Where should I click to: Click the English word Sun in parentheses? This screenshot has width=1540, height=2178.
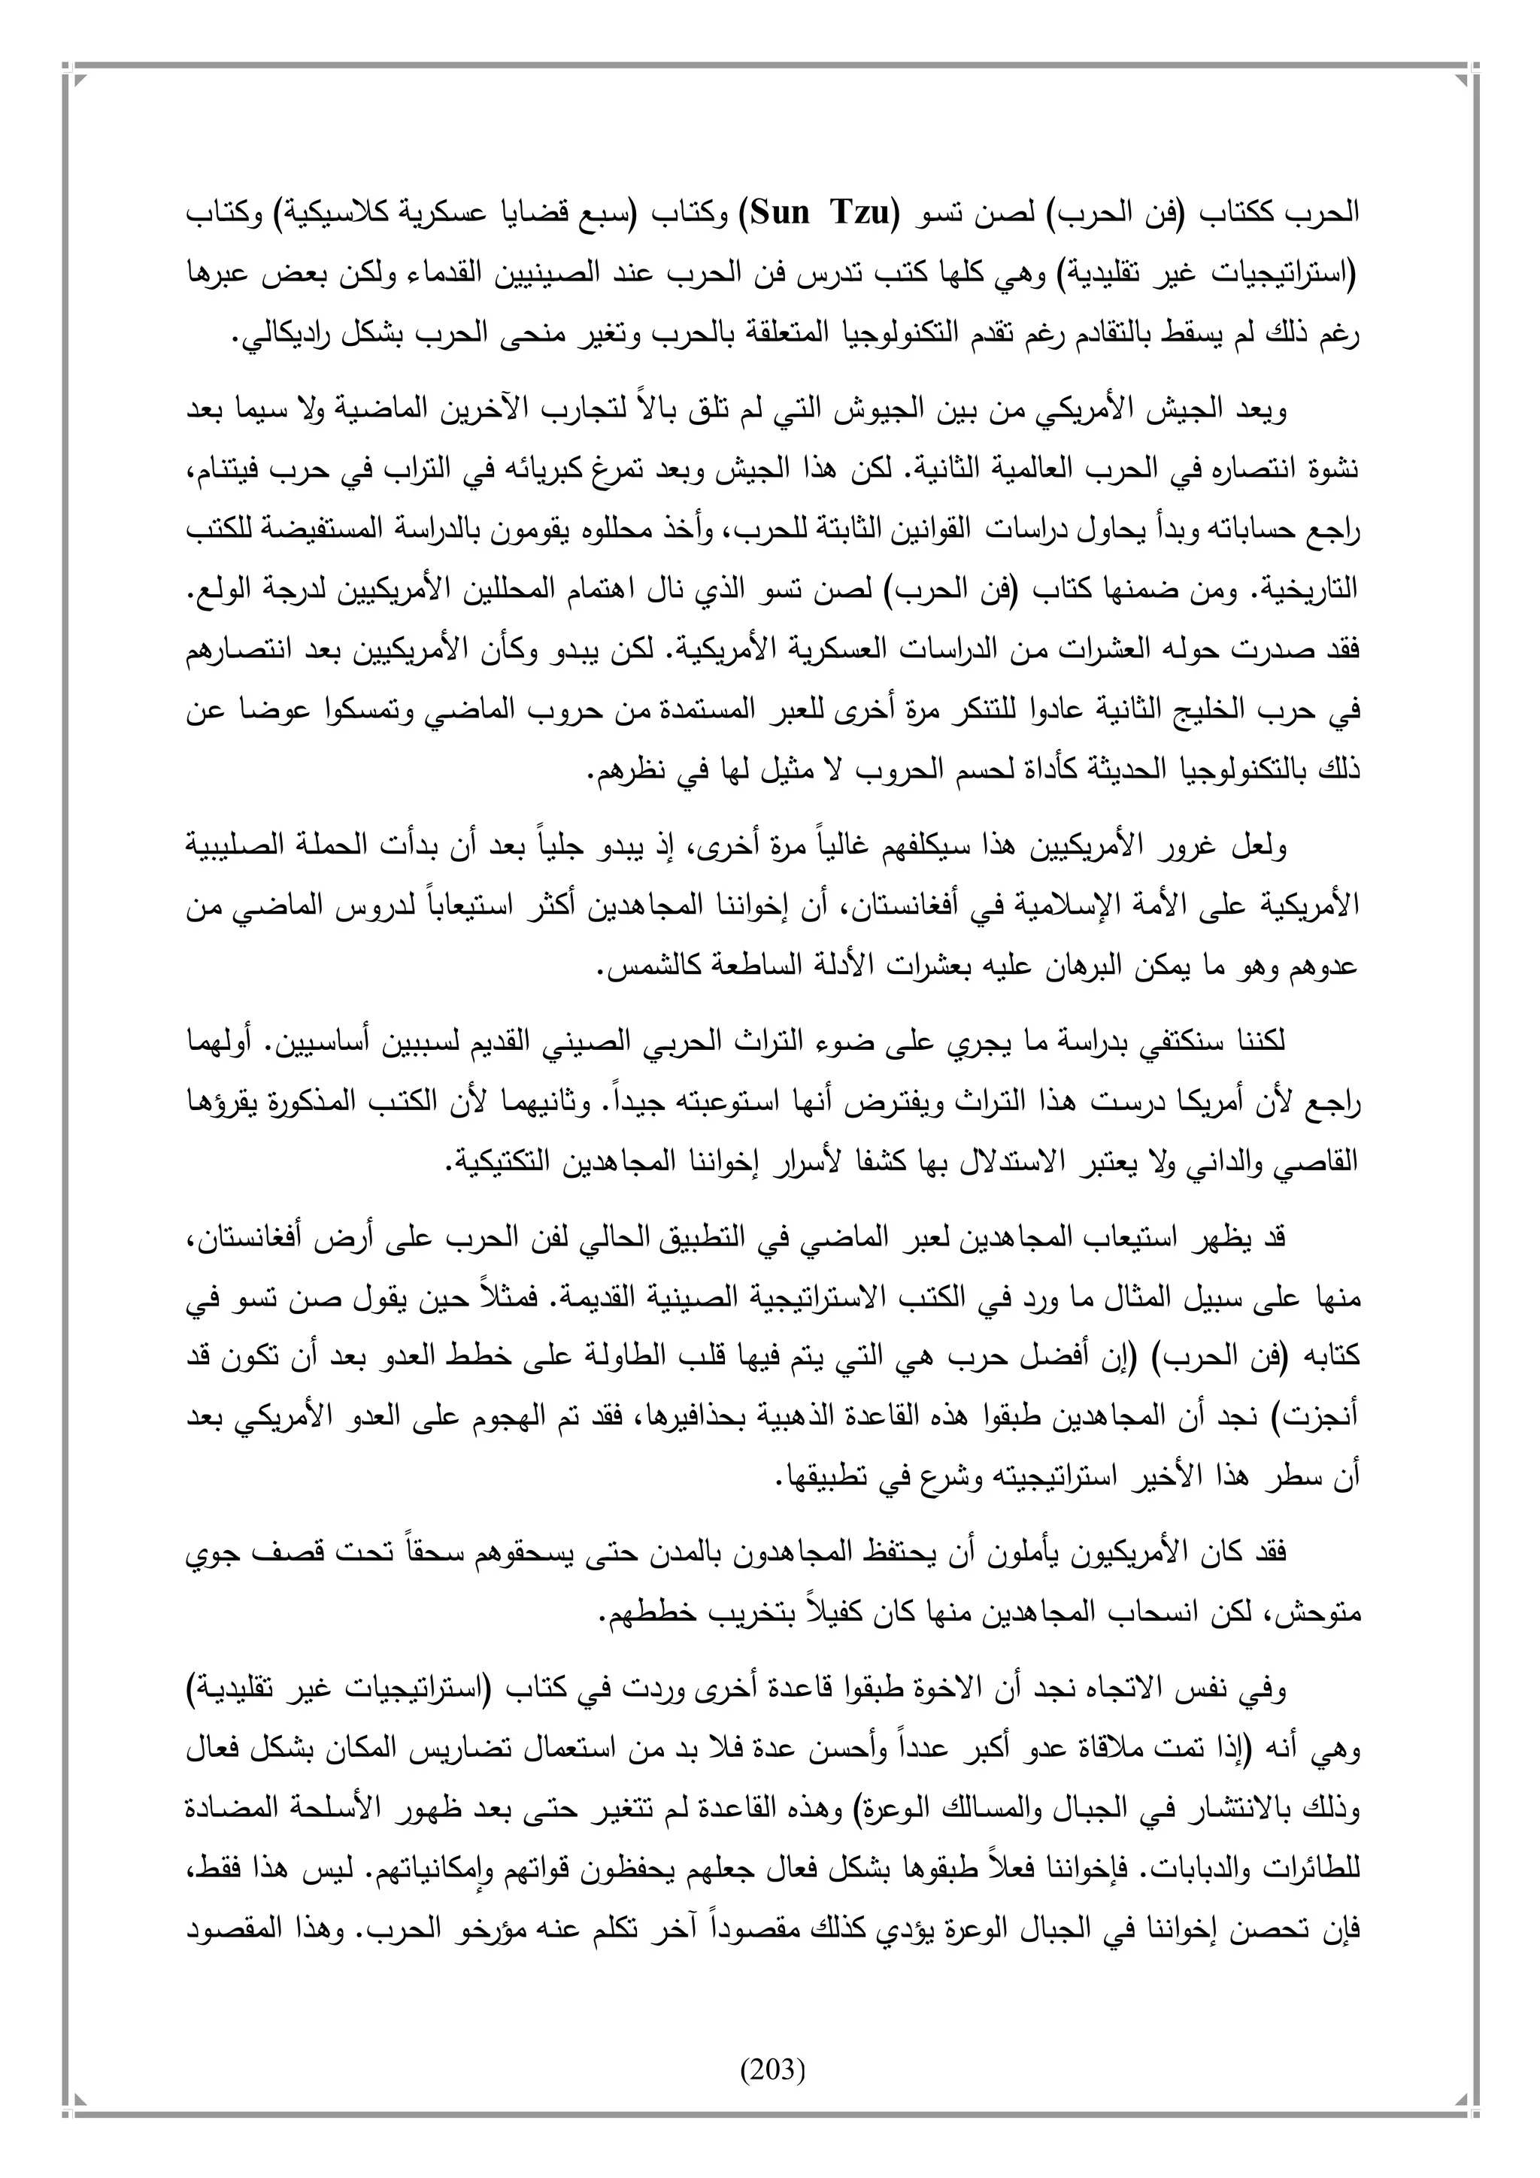coord(784,213)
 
